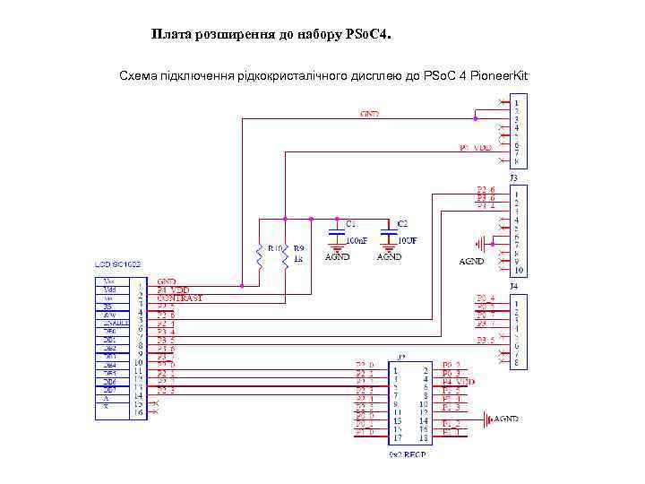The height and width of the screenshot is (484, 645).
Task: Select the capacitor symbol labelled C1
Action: coord(336,231)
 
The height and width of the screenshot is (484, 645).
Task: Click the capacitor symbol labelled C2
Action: coord(388,231)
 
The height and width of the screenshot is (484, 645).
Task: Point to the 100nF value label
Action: coord(357,240)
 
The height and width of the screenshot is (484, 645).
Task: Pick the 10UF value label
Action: coord(408,240)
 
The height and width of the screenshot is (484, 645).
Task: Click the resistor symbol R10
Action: coord(259,258)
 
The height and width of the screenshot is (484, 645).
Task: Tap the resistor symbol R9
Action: coord(285,258)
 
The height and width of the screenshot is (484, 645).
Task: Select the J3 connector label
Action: coord(513,178)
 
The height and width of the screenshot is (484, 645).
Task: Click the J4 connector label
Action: coord(514,286)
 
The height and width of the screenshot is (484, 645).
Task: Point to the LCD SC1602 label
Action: coord(118,265)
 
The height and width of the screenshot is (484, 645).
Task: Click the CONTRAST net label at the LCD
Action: coord(180,298)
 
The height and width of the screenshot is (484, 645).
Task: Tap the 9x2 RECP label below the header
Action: coord(407,454)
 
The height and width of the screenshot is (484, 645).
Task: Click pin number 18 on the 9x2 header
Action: coord(424,439)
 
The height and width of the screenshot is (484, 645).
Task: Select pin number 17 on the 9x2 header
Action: coord(395,439)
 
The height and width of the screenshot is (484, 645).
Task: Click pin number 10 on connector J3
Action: coord(519,270)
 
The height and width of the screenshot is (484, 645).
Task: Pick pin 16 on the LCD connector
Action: coord(139,412)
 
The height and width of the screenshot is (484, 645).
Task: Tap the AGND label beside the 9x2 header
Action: coord(506,419)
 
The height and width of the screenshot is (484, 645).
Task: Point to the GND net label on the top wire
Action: coord(369,115)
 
